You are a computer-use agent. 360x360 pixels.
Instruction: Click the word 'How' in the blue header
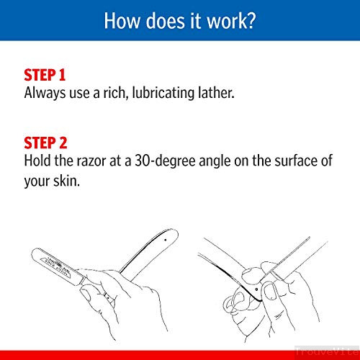point(122,21)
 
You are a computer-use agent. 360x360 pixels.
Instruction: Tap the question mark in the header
point(251,21)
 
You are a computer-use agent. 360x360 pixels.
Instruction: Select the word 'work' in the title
point(226,21)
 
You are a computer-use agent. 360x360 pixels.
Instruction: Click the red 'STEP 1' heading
point(45,75)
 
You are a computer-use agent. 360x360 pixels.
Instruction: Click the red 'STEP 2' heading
point(45,143)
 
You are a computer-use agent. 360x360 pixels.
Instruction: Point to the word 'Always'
point(45,93)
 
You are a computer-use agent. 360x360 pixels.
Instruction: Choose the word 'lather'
point(215,92)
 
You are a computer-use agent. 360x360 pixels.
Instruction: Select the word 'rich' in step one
point(114,93)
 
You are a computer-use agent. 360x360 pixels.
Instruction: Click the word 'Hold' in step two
point(37,161)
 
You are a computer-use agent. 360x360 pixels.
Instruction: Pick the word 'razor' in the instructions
point(91,161)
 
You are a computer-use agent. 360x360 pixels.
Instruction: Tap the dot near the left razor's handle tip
point(166,240)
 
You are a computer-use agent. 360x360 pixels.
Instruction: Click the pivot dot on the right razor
point(257,289)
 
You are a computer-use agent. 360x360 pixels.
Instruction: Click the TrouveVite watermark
point(328,351)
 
